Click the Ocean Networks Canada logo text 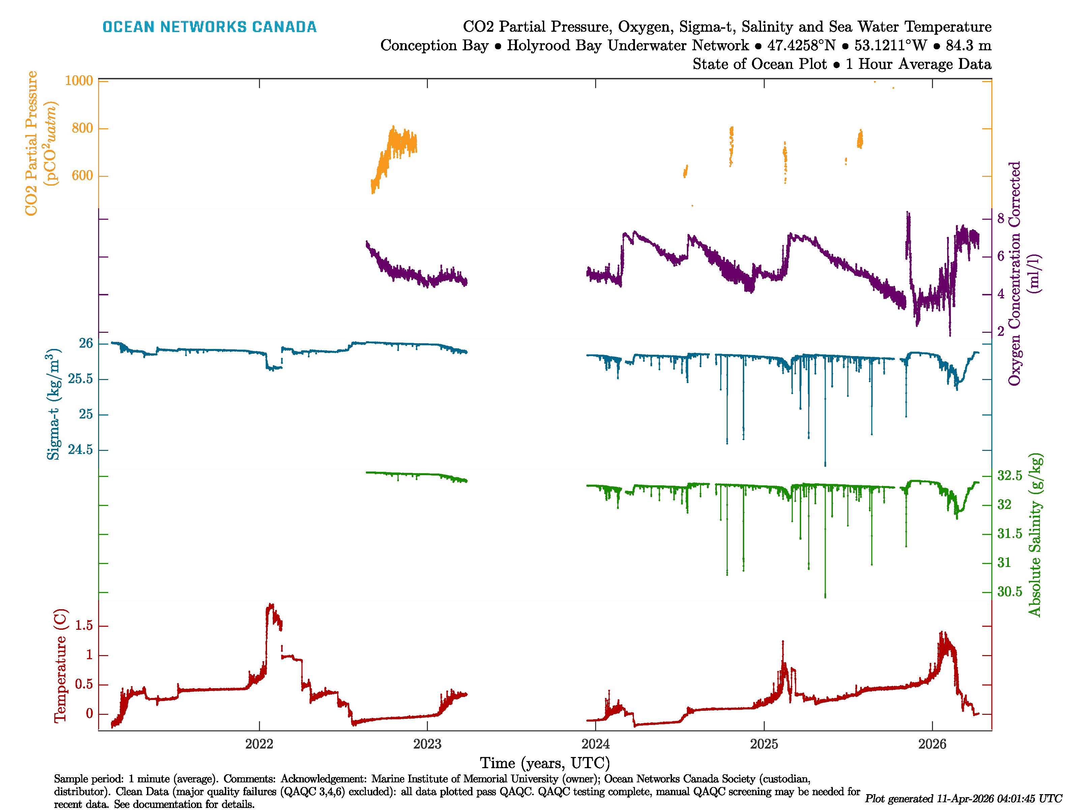point(209,27)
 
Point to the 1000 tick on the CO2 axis point(79,81)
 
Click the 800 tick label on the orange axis point(82,128)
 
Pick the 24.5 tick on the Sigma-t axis point(80,450)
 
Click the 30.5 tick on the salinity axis point(1009,592)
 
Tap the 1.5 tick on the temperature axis point(83,626)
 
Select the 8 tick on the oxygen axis point(1000,218)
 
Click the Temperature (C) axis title point(59,666)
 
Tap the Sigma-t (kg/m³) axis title point(54,404)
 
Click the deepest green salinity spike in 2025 point(825,596)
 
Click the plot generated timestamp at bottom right point(963,798)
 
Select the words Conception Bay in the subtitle point(434,46)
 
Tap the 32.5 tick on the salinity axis point(1009,476)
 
